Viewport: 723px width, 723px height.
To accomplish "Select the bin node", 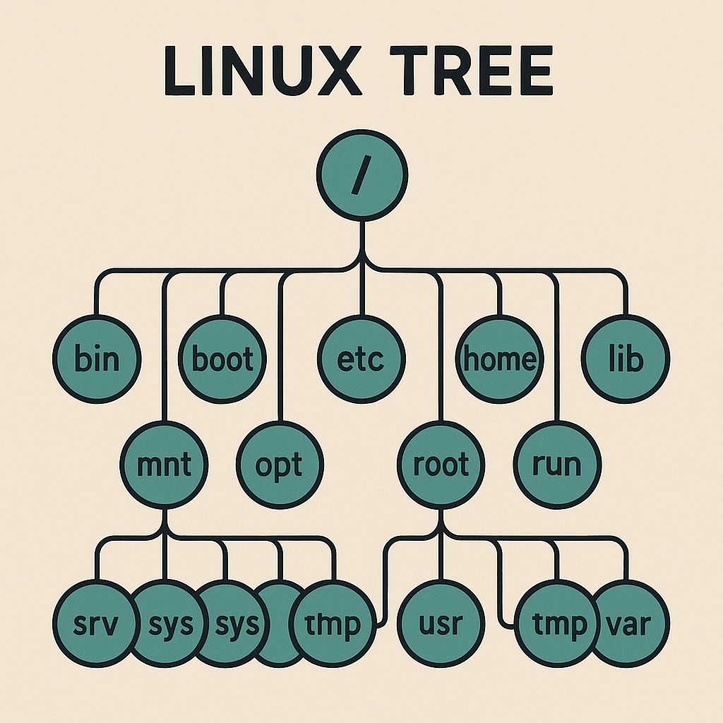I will point(97,359).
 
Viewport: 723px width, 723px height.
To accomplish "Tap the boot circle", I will point(222,359).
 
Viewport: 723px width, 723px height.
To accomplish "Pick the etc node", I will point(361,359).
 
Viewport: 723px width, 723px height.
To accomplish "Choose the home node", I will point(499,359).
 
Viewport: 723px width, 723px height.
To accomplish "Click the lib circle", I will point(626,359).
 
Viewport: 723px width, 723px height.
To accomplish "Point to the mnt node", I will point(164,465).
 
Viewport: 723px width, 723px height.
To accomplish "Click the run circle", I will point(557,465).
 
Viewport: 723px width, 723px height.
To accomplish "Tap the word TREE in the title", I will point(481,72).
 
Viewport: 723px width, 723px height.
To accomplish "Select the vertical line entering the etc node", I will point(361,293).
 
